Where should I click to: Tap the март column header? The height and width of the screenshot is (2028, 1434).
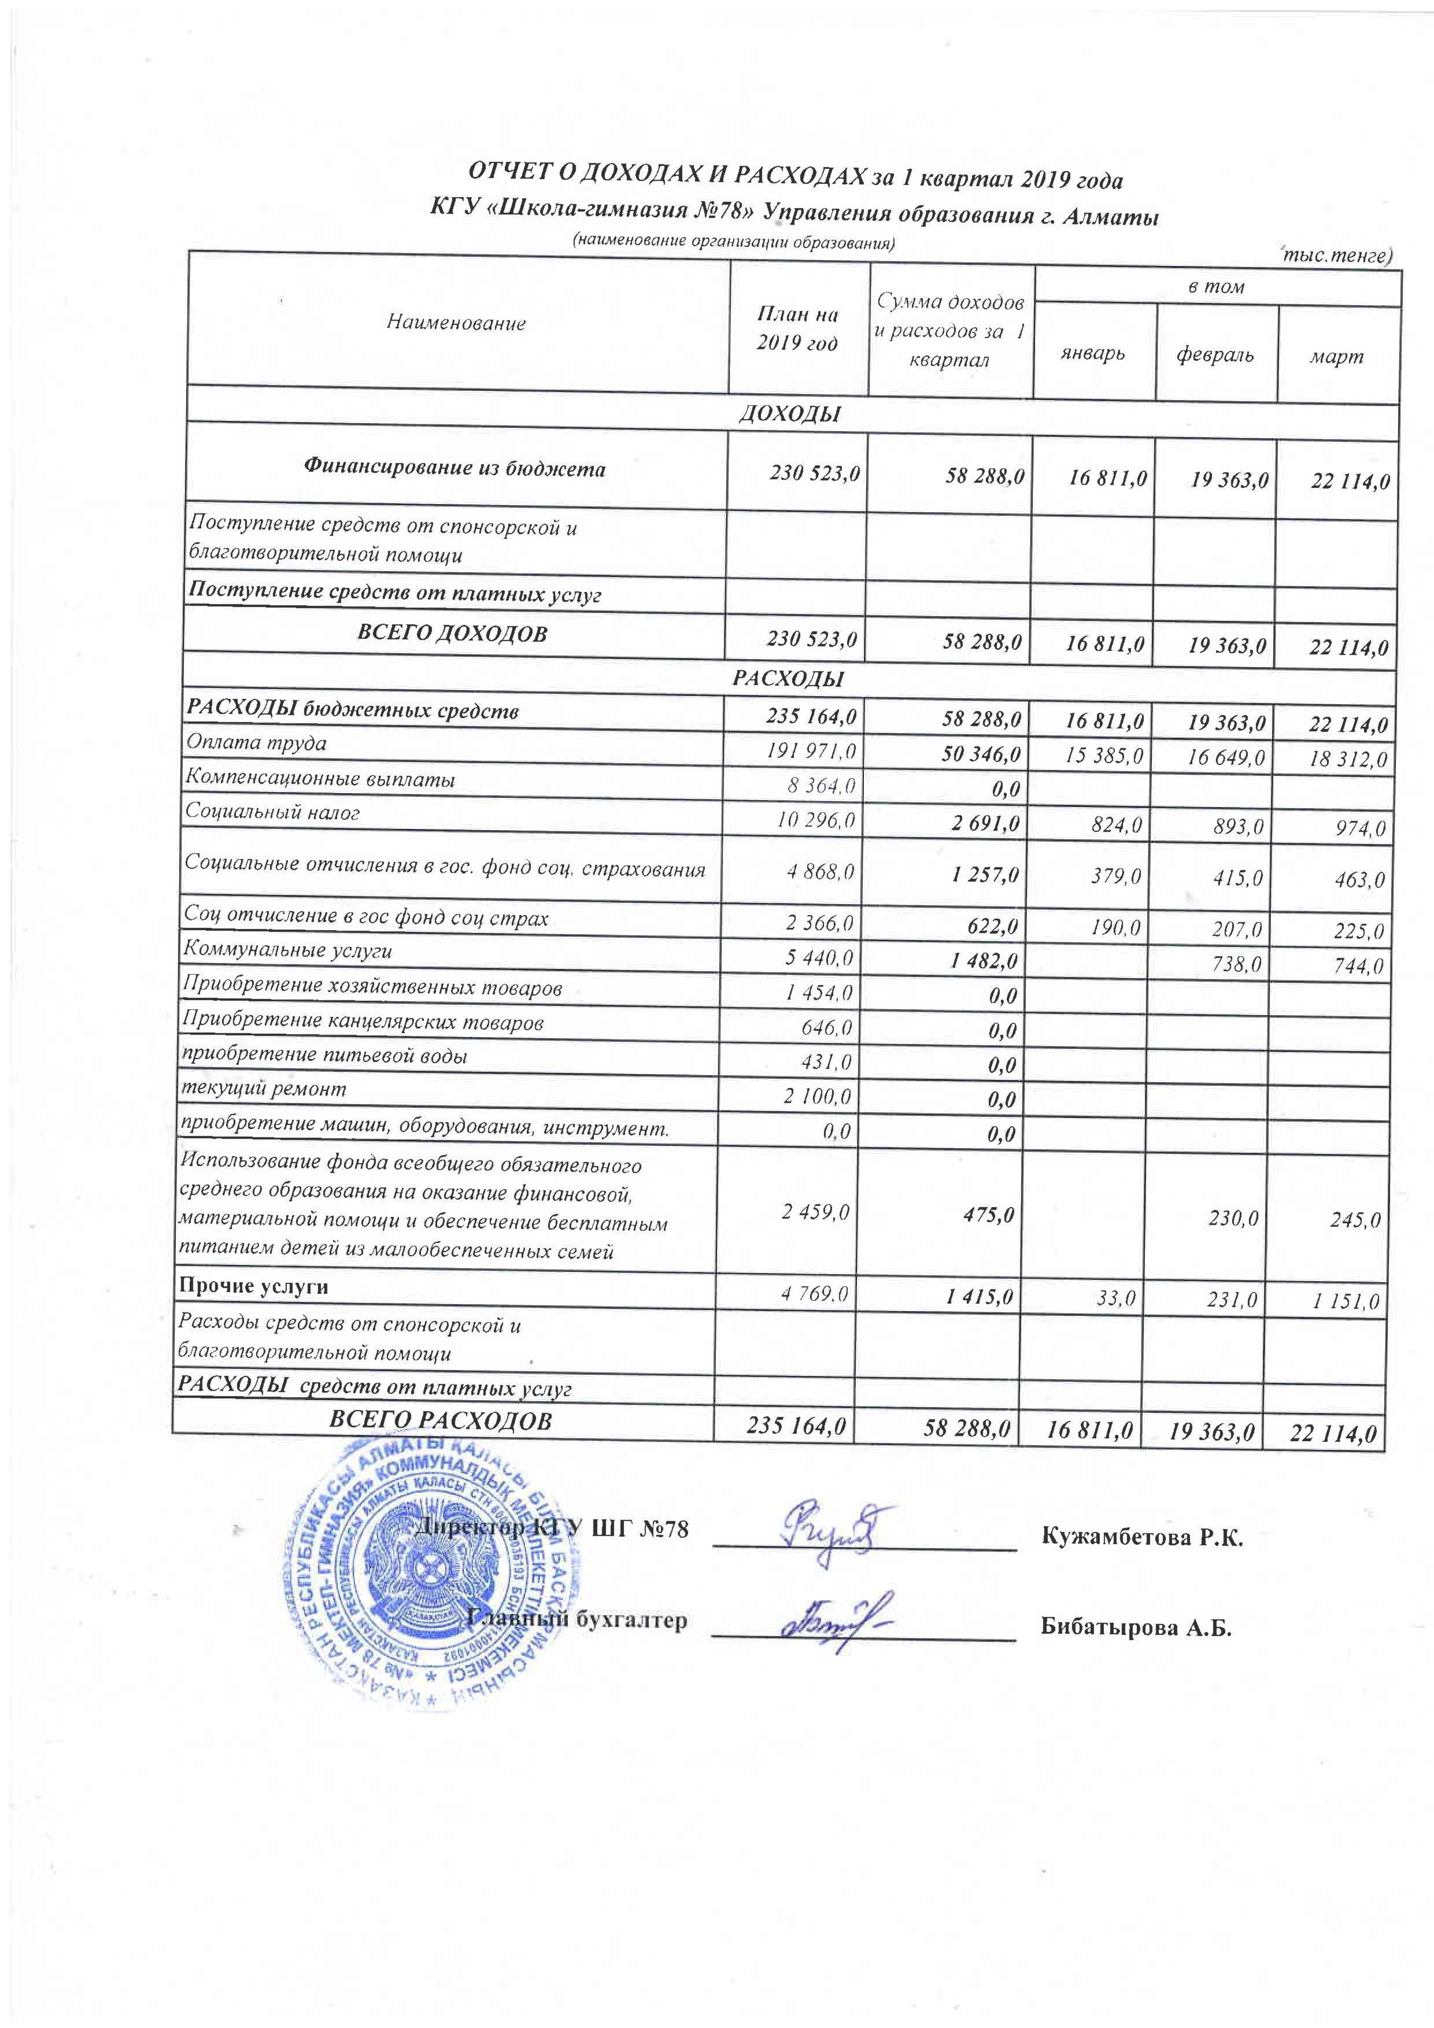tap(1337, 357)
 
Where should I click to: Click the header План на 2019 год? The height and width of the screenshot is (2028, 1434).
tap(797, 328)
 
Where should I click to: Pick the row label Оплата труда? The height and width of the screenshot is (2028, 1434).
tap(256, 743)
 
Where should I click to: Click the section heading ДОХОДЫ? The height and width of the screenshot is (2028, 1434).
tap(789, 413)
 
